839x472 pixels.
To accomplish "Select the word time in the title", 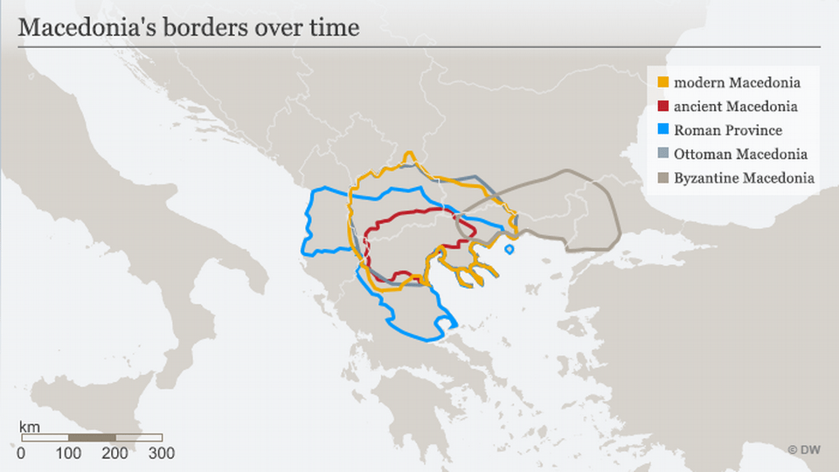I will click(x=335, y=27).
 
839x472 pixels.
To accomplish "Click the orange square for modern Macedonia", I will click(x=663, y=83).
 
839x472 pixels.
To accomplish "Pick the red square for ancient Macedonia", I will click(x=663, y=107).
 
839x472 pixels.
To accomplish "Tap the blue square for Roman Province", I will click(x=663, y=130).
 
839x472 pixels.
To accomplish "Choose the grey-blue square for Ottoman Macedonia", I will click(x=663, y=154).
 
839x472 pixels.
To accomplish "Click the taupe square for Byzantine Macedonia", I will click(x=663, y=177).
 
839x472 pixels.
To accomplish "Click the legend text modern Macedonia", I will click(x=738, y=83).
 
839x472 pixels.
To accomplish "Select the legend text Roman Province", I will click(x=728, y=130).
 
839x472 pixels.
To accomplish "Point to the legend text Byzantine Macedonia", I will click(x=745, y=177).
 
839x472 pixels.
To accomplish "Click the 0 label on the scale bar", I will click(x=21, y=453).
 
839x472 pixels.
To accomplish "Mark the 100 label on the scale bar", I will click(x=68, y=453).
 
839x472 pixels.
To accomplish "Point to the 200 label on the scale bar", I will click(x=115, y=453).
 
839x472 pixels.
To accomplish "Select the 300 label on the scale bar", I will click(x=162, y=453).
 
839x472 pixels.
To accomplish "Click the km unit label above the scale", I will click(x=29, y=426).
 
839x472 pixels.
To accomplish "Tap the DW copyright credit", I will click(x=805, y=450).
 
